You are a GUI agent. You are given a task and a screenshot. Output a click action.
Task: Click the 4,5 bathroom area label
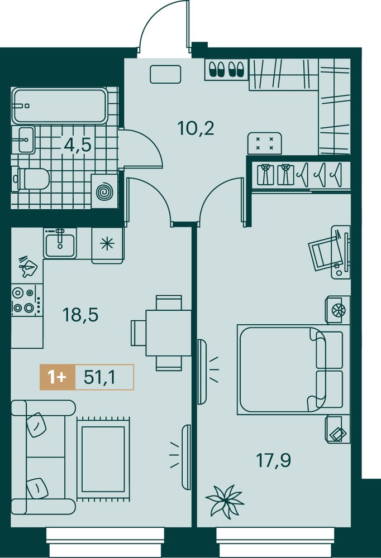coord(78,145)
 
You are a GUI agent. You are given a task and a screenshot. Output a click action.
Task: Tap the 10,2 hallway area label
coord(196,128)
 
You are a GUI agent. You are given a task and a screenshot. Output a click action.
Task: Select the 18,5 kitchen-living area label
coord(80,315)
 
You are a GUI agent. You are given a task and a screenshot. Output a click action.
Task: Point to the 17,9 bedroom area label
coord(273,460)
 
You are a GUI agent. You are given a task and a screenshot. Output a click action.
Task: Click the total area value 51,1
coord(100,377)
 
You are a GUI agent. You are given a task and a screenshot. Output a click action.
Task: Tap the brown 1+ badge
coord(58,377)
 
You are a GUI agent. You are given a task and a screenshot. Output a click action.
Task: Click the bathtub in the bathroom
coord(60,105)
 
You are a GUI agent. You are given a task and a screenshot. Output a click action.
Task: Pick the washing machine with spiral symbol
coord(104,191)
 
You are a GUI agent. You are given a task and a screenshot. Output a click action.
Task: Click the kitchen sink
coord(60,243)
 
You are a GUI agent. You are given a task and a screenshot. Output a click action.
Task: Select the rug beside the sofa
coord(103,459)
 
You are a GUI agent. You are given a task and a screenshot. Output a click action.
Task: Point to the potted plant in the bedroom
coord(225,501)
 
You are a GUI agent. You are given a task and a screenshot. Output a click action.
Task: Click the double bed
coord(290,369)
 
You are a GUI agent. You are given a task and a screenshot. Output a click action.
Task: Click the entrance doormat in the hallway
coord(165,74)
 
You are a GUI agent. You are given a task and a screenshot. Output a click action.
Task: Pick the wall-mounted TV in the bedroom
coord(201,372)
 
